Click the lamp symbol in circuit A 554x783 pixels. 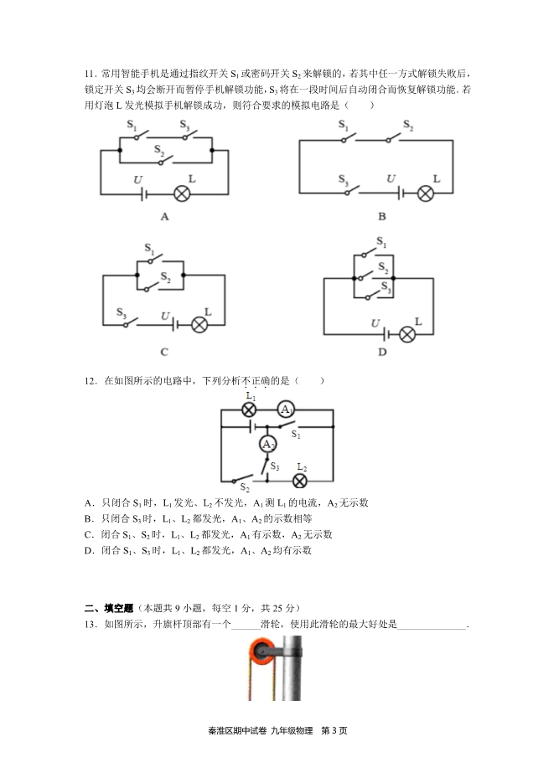(181, 193)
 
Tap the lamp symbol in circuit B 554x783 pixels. (425, 193)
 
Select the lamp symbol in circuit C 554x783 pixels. (199, 325)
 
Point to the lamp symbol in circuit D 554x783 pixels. (407, 334)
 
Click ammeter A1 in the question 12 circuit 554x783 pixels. (286, 410)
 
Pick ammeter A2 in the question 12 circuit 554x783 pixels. (267, 444)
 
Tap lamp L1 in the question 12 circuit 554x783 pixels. (249, 410)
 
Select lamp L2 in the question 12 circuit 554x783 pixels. (300, 481)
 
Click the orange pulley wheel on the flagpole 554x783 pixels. (261, 652)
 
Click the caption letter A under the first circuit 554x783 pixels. (165, 217)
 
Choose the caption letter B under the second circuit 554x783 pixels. (382, 217)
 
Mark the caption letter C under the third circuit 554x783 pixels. (164, 352)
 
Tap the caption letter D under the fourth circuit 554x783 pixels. (382, 352)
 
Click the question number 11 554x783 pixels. (90, 74)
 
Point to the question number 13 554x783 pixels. (91, 624)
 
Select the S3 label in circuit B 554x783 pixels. (343, 179)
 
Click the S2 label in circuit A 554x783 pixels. (159, 149)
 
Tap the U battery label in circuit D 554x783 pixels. (375, 323)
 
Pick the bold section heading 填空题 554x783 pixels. (118, 608)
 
